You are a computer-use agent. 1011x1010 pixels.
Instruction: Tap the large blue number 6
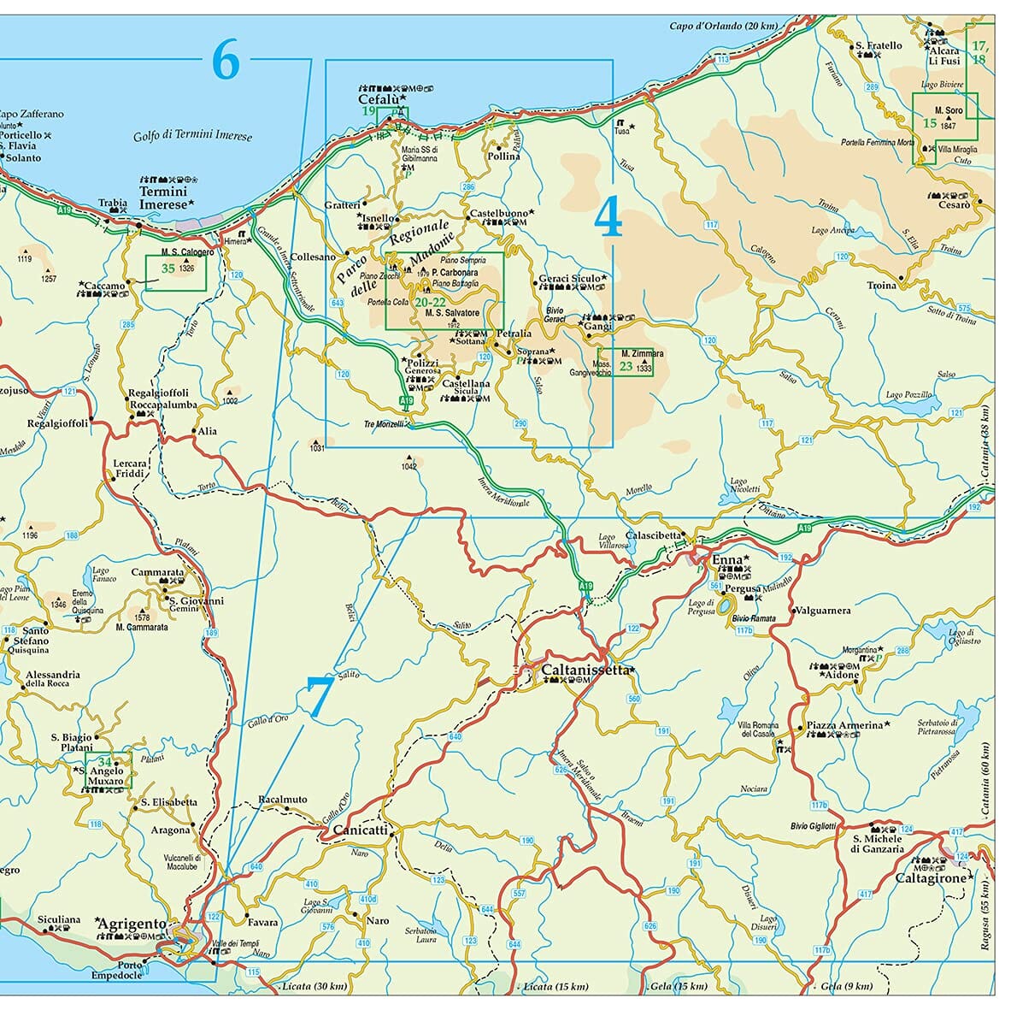(225, 61)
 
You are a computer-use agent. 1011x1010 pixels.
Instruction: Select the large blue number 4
(608, 217)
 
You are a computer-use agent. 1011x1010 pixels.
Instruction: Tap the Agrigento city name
(132, 924)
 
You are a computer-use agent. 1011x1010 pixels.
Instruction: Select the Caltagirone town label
(930, 877)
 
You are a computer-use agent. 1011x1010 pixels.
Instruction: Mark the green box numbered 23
(626, 363)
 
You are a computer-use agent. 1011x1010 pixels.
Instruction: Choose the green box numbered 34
(109, 770)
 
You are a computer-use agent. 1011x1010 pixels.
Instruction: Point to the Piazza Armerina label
(844, 725)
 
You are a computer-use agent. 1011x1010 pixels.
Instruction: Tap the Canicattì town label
(360, 830)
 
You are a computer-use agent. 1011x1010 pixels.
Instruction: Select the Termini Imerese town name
(162, 198)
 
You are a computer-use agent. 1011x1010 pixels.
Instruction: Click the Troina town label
(881, 285)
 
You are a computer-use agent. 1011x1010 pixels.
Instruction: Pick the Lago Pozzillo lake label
(908, 395)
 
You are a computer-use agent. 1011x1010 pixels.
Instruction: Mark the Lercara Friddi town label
(130, 468)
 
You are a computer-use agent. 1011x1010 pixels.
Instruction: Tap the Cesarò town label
(954, 204)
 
